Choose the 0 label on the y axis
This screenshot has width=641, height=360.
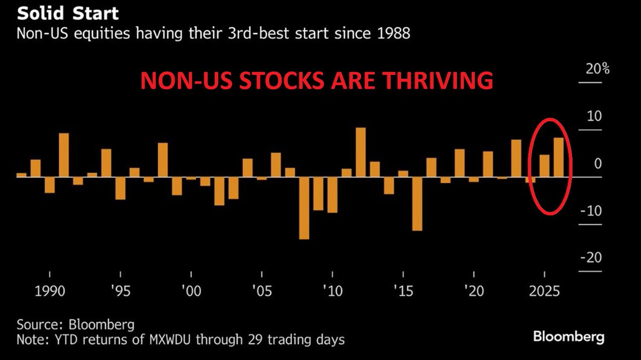[598, 163]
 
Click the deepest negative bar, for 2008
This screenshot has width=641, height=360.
[304, 208]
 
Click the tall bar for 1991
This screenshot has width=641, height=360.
[64, 155]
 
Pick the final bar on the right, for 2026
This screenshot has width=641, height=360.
[559, 157]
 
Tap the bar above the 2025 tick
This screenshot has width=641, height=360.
[544, 166]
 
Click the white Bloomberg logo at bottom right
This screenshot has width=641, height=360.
[568, 337]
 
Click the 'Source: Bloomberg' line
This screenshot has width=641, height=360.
[75, 324]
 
